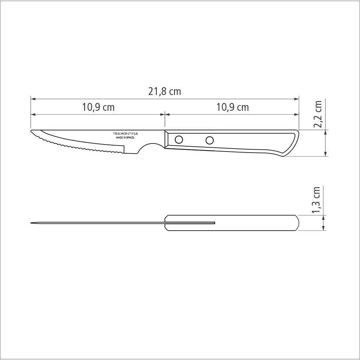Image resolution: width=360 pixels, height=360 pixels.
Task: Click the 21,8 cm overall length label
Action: point(165,92)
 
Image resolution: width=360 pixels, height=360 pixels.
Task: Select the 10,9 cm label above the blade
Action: point(98,107)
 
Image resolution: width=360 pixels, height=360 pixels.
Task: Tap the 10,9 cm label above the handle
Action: point(232,107)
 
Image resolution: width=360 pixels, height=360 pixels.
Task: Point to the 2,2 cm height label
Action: point(318,115)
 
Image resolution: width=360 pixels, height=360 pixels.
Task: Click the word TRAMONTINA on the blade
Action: point(125,134)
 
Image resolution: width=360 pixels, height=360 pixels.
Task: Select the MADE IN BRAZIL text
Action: point(125,138)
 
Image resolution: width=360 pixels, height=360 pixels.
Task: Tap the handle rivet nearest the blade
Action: point(179,140)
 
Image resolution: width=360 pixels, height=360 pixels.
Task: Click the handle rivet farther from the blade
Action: point(210,141)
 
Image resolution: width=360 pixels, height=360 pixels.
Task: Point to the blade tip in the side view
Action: point(32,132)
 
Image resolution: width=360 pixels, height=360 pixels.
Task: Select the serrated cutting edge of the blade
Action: point(81,148)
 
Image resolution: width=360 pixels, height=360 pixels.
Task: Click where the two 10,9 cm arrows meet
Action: point(165,114)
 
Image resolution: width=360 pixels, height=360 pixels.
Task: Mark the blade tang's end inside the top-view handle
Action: point(214,223)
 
